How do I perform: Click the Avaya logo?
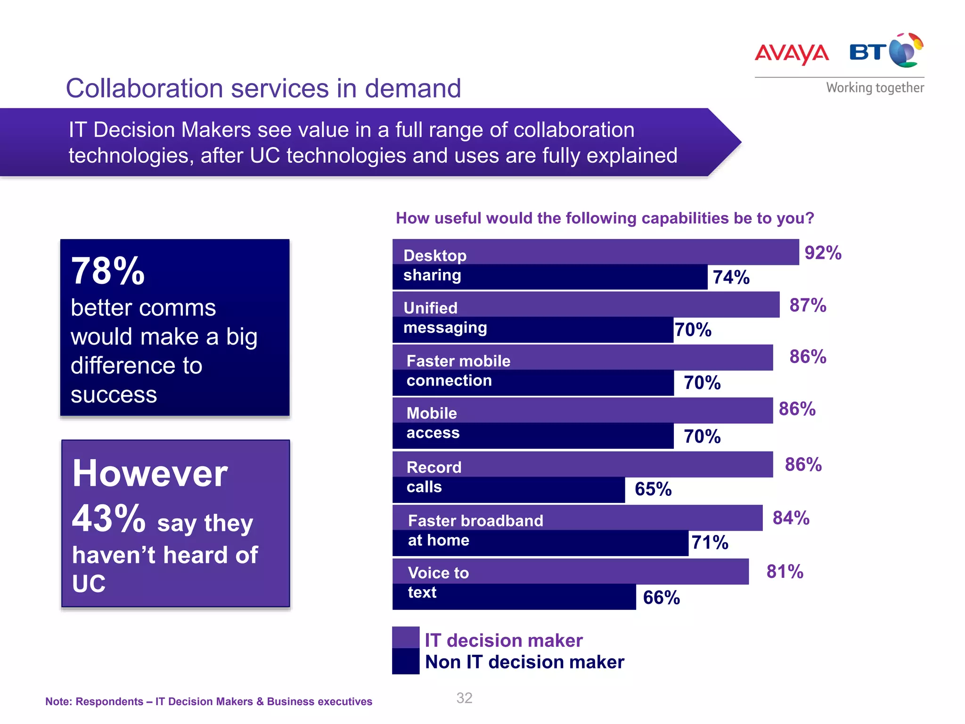click(792, 53)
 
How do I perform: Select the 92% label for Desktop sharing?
click(823, 253)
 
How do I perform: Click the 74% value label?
click(731, 277)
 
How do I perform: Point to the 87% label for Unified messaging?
click(808, 305)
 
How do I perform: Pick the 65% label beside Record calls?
click(653, 489)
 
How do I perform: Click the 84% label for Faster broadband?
click(791, 518)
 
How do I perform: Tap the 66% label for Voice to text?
click(661, 598)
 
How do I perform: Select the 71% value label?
click(710, 543)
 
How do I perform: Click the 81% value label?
click(785, 572)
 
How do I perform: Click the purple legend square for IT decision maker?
click(406, 638)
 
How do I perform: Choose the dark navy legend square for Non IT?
click(406, 661)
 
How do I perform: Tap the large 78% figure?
click(108, 271)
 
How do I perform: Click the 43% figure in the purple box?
click(108, 518)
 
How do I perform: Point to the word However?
click(150, 473)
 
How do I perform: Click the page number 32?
click(464, 698)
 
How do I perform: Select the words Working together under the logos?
click(875, 88)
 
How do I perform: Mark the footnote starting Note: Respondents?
click(208, 701)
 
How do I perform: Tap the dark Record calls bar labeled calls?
click(509, 489)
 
